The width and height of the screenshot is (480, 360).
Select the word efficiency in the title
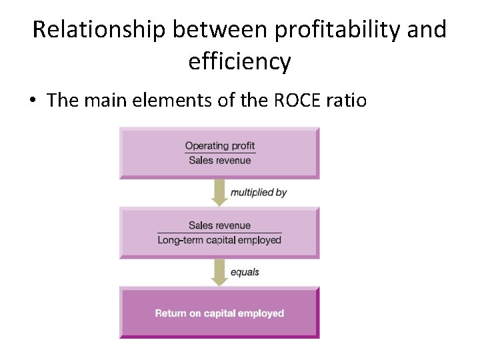(x=240, y=62)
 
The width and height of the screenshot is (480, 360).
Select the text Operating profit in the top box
(x=220, y=146)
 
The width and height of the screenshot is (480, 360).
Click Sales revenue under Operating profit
(x=220, y=161)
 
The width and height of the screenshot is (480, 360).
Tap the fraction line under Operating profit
(x=220, y=153)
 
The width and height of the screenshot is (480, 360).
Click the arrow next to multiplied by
(x=219, y=193)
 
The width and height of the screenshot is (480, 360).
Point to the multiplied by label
(x=259, y=192)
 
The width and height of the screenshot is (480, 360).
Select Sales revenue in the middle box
(x=220, y=225)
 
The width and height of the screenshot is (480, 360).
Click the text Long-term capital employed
(x=220, y=240)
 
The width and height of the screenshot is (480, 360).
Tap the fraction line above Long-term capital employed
(x=220, y=233)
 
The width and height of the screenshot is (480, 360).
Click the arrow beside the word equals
(x=219, y=272)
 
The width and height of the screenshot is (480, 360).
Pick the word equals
(x=245, y=272)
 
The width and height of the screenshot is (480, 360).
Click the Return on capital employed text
(x=219, y=313)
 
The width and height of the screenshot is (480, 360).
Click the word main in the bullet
(x=105, y=101)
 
